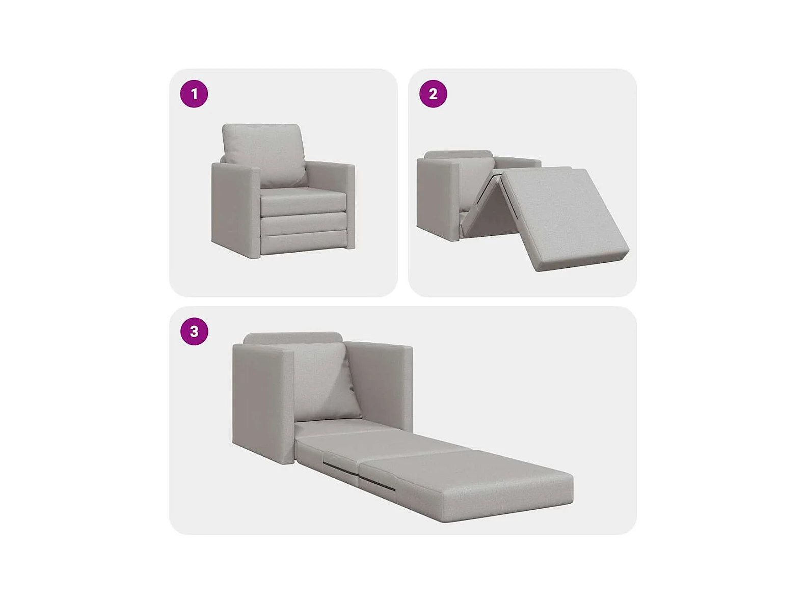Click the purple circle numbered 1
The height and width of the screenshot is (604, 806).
point(194,94)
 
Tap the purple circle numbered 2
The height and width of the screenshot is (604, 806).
point(433,94)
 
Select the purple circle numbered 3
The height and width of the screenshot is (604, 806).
point(194,332)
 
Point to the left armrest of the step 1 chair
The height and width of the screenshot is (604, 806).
point(235,210)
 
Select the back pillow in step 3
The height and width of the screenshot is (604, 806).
point(323,381)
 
